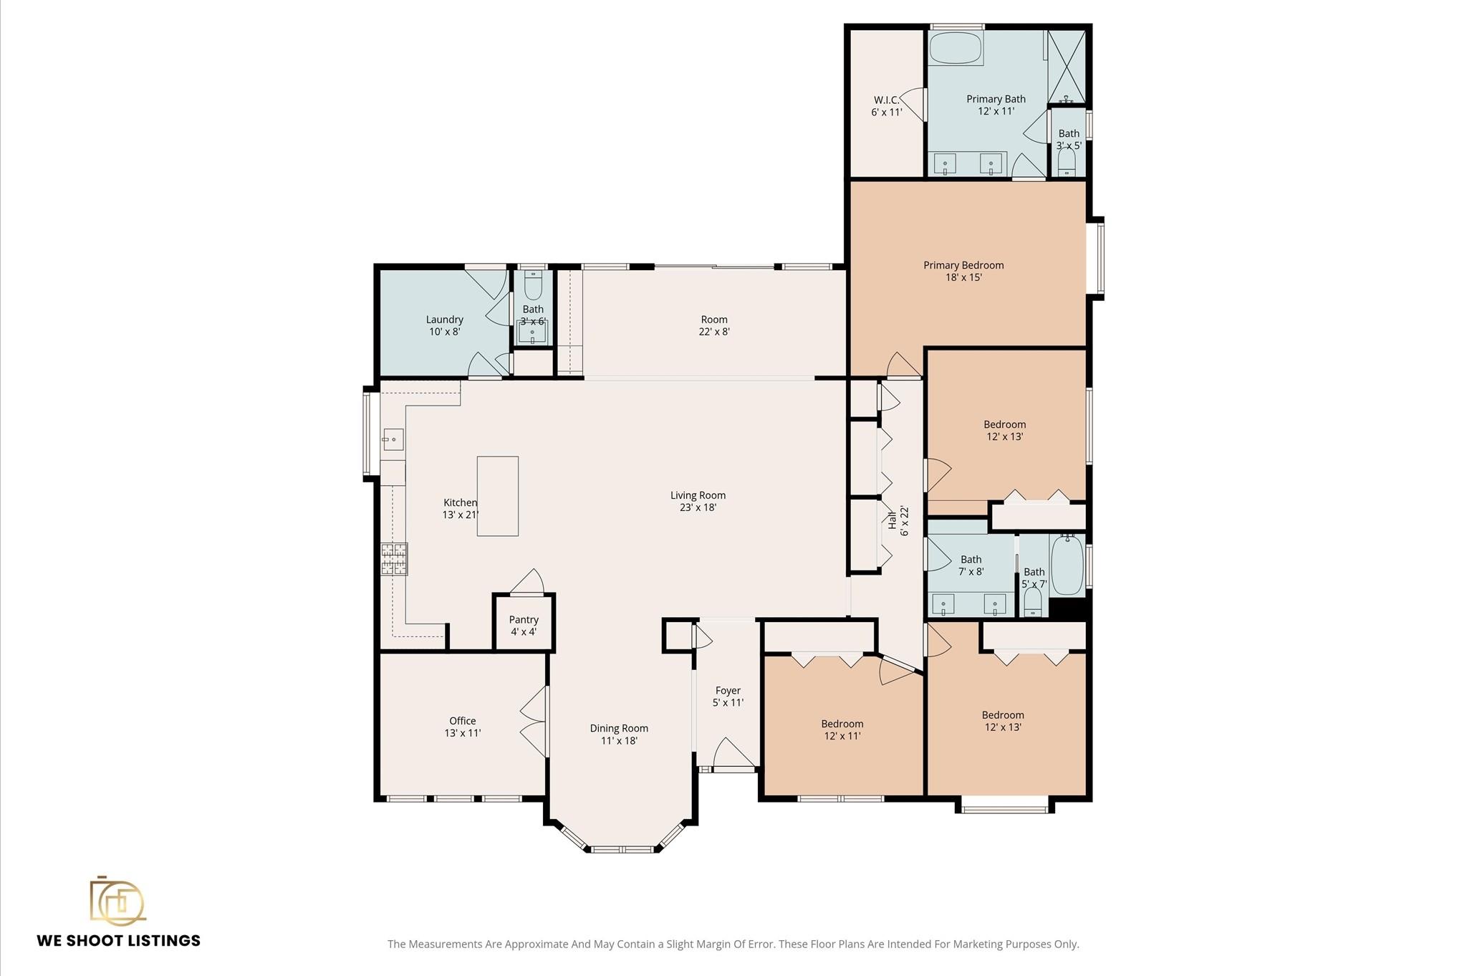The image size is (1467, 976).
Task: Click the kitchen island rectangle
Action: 498,496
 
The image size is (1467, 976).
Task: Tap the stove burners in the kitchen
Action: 394,560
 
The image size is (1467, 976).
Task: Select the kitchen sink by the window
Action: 393,439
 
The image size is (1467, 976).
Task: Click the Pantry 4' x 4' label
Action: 524,626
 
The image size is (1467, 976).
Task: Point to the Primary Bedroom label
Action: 963,271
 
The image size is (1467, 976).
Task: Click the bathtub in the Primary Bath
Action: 956,47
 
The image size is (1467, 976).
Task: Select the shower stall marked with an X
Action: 1067,67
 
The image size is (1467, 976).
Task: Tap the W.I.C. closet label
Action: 887,106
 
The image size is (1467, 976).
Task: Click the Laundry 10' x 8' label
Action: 445,325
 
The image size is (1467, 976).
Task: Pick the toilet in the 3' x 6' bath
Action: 533,286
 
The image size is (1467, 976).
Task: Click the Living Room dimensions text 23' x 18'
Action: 698,507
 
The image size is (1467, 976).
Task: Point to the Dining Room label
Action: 619,728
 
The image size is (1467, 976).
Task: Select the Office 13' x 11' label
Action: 463,727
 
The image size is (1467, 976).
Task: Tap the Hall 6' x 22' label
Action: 898,521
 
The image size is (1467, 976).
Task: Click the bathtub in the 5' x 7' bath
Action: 1067,565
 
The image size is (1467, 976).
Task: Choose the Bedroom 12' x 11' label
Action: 842,729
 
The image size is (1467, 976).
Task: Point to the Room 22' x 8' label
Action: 714,325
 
